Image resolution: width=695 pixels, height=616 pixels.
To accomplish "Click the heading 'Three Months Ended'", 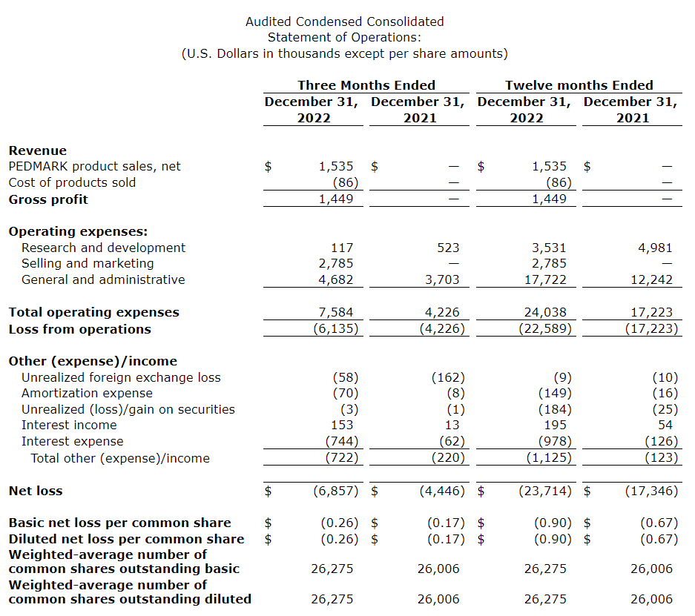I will pyautogui.click(x=366, y=85).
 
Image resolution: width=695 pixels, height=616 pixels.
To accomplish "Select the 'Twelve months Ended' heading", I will pyautogui.click(x=579, y=85).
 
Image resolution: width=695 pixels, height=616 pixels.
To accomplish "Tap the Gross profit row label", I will pyautogui.click(x=48, y=199).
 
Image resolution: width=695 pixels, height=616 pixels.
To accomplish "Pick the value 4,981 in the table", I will pyautogui.click(x=656, y=248).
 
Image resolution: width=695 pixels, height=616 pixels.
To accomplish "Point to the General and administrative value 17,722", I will pyautogui.click(x=547, y=279).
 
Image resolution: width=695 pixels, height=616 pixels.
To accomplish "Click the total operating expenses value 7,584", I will pyautogui.click(x=337, y=312).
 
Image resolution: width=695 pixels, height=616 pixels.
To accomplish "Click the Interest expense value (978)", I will pyautogui.click(x=555, y=441).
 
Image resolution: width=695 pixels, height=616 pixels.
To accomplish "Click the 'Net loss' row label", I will pyautogui.click(x=36, y=491).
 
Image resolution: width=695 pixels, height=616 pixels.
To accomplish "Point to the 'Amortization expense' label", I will pyautogui.click(x=82, y=393).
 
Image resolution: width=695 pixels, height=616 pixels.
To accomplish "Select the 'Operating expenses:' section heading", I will pyautogui.click(x=78, y=231).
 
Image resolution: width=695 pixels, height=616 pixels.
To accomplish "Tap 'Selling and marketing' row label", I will pyautogui.click(x=88, y=263).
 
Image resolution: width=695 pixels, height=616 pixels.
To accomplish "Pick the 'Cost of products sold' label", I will pyautogui.click(x=72, y=182).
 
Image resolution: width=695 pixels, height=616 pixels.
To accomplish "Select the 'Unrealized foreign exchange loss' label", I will pyautogui.click(x=121, y=377).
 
